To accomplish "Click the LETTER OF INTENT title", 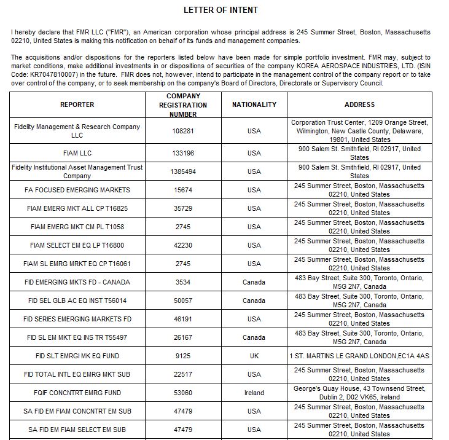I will pyautogui.click(x=221, y=10).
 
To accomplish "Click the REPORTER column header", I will pyautogui.click(x=77, y=104).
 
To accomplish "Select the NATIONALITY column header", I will pyautogui.click(x=254, y=104).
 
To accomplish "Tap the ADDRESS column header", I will pyautogui.click(x=359, y=104).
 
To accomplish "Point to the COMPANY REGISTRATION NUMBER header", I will pyautogui.click(x=183, y=105).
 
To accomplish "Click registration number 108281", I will pyautogui.click(x=183, y=131).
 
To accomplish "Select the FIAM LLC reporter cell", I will pyautogui.click(x=77, y=153).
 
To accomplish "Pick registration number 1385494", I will pyautogui.click(x=183, y=171).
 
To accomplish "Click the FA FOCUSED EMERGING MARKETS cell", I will pyautogui.click(x=77, y=190).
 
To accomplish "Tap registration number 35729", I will pyautogui.click(x=183, y=208).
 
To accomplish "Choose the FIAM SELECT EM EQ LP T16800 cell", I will pyautogui.click(x=77, y=245).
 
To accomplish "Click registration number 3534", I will pyautogui.click(x=183, y=282).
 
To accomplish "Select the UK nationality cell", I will pyautogui.click(x=254, y=356).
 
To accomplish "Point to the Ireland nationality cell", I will pyautogui.click(x=254, y=393).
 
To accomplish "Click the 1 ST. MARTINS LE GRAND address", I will pyautogui.click(x=359, y=356).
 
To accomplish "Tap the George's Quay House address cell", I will pyautogui.click(x=359, y=393).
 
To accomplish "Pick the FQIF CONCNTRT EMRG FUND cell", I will pyautogui.click(x=77, y=393).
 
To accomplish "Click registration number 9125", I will pyautogui.click(x=183, y=356).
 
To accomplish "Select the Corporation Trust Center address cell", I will pyautogui.click(x=359, y=131).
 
